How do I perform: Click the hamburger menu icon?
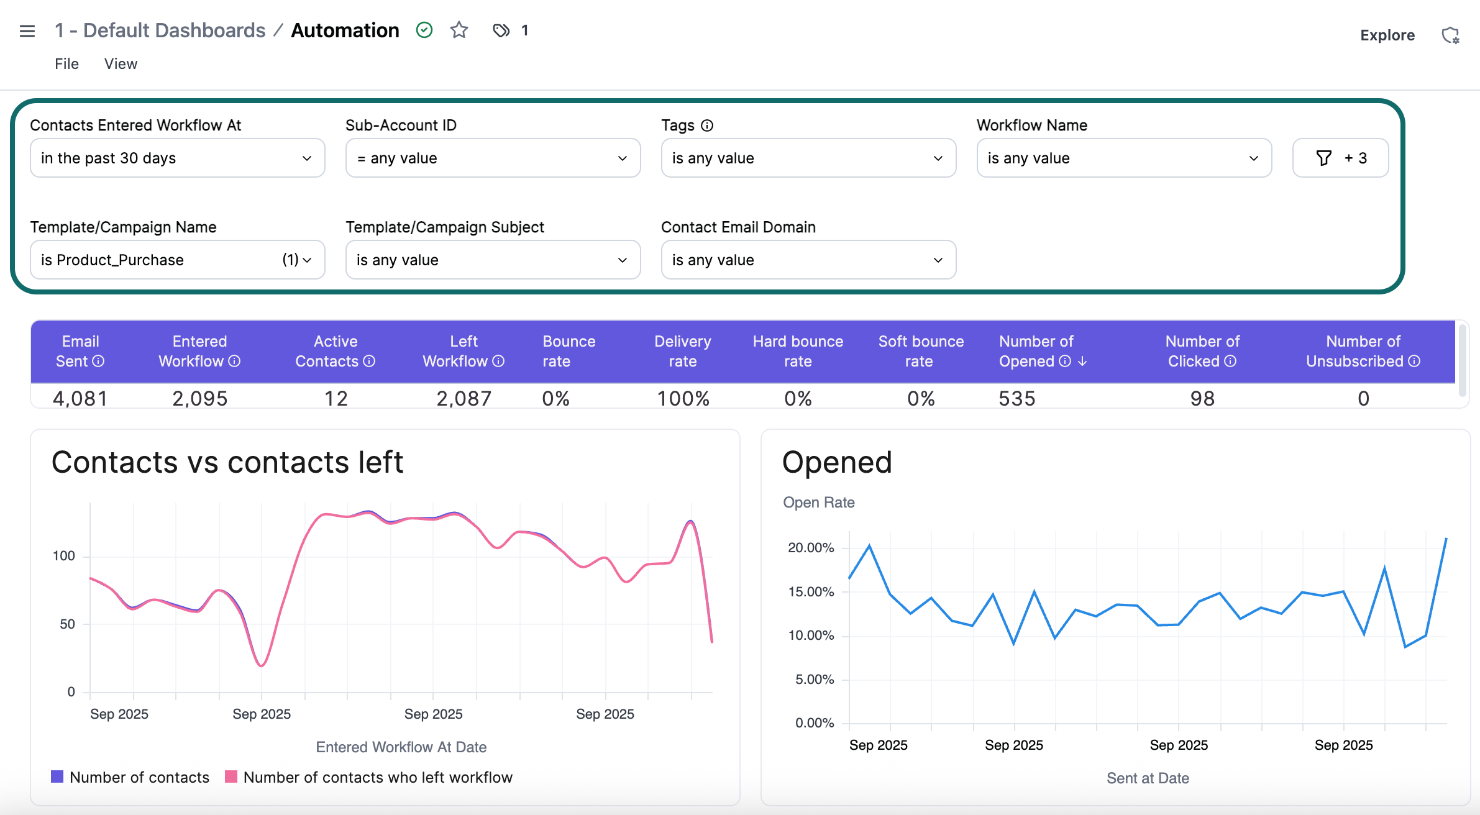tap(27, 31)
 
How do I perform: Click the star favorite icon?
tap(459, 30)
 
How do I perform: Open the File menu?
tap(66, 64)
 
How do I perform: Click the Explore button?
tap(1387, 35)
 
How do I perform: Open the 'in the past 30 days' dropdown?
tap(177, 158)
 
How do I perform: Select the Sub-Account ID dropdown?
tap(493, 158)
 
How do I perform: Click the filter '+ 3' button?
tap(1340, 158)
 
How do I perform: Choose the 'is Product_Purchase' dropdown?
tap(177, 260)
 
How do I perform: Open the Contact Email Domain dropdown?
tap(808, 260)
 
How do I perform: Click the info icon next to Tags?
tap(707, 125)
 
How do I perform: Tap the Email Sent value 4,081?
tap(80, 398)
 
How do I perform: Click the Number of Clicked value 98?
tap(1202, 398)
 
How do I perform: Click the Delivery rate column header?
tap(682, 351)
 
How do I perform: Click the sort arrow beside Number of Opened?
tap(1082, 362)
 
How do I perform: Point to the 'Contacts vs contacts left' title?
tap(227, 463)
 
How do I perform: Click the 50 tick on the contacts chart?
tap(67, 624)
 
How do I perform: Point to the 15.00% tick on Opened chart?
tap(811, 592)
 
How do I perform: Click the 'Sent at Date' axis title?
tap(1148, 778)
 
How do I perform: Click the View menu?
tap(121, 64)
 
